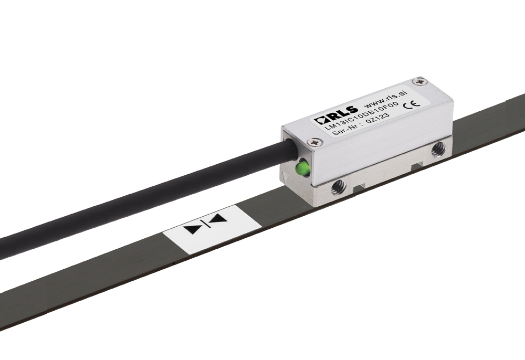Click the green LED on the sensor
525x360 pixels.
(303, 168)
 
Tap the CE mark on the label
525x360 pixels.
(412, 105)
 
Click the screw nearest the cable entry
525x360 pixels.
(315, 142)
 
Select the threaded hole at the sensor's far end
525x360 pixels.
(438, 149)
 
